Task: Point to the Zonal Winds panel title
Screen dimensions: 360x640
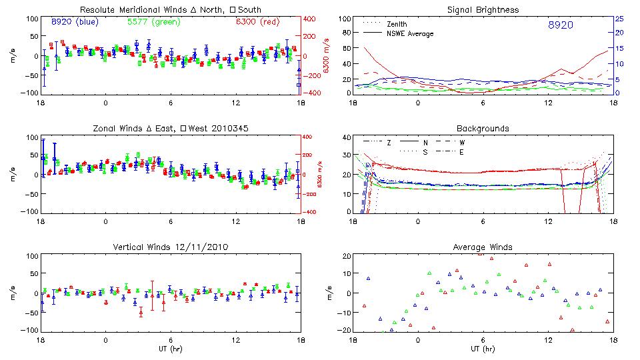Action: click(x=171, y=128)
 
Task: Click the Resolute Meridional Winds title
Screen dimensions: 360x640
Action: click(x=171, y=10)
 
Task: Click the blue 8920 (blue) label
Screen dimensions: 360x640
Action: click(x=75, y=21)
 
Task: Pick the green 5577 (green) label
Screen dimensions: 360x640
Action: click(x=152, y=21)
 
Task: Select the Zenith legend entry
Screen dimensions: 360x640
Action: click(x=397, y=24)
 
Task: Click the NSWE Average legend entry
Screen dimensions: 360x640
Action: click(x=407, y=33)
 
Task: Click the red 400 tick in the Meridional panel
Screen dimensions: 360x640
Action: click(x=310, y=19)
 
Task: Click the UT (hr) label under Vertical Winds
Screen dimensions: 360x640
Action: click(x=171, y=349)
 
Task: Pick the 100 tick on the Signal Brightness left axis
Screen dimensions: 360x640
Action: click(x=343, y=19)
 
